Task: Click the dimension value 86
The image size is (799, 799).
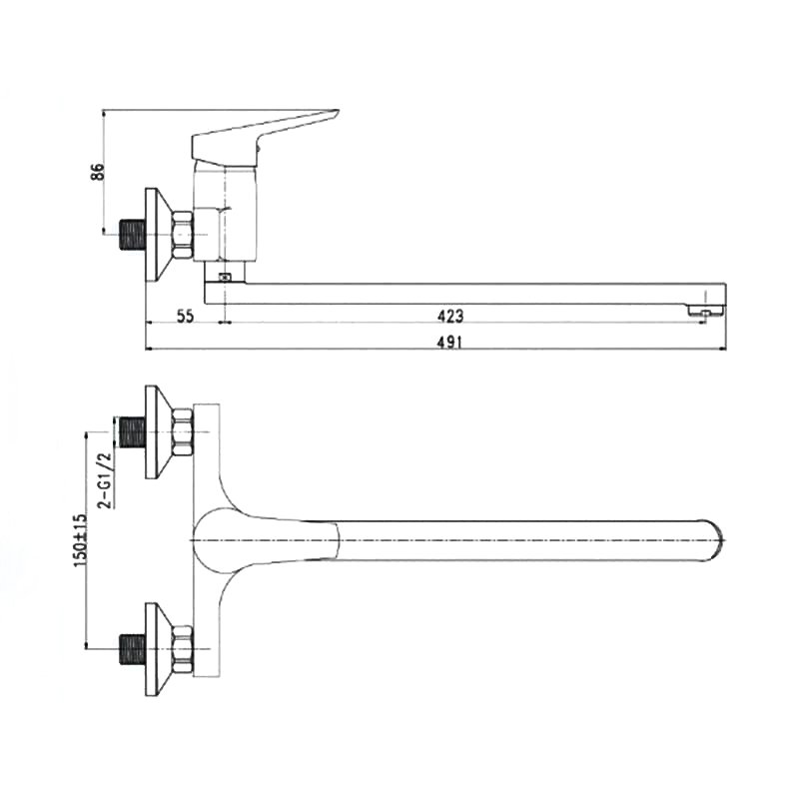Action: point(97,171)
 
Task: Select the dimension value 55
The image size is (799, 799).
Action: point(185,317)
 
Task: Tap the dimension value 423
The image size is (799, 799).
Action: point(450,317)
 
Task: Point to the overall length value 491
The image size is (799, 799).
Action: point(449,342)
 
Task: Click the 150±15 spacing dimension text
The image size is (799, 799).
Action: point(81,540)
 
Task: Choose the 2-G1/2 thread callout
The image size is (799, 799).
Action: point(105,480)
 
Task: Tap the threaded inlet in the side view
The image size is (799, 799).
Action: point(133,235)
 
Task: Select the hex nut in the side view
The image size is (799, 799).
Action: point(183,235)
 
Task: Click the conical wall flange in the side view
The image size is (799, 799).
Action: point(159,235)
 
